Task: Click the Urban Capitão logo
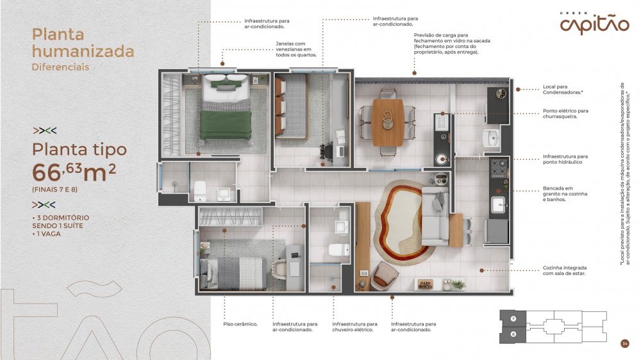click(594, 23)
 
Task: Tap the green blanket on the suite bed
click(225, 125)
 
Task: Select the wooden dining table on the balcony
click(388, 122)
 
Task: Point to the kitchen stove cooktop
click(498, 168)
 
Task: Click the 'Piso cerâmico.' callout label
click(240, 324)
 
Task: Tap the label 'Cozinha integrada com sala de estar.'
click(565, 270)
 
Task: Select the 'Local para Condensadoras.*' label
click(563, 90)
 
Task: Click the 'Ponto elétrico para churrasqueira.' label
click(565, 113)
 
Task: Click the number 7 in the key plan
click(513, 319)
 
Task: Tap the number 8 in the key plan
click(513, 334)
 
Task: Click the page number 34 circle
click(624, 343)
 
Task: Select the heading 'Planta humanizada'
click(83, 43)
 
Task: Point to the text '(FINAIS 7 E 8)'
click(54, 190)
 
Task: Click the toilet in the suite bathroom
click(200, 192)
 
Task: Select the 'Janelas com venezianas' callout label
click(296, 49)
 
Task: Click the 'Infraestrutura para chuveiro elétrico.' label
click(354, 327)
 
